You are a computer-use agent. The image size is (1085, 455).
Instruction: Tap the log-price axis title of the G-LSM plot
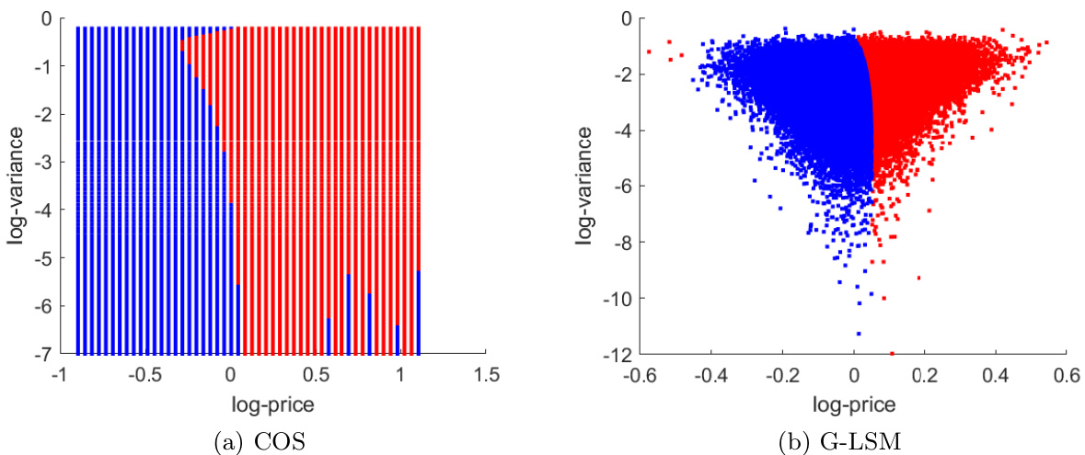coord(852,403)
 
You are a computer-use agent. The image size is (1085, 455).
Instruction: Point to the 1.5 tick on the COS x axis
coord(487,375)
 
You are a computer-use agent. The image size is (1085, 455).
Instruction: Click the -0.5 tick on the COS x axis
coord(146,375)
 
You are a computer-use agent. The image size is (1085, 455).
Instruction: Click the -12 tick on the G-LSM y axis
coord(618,354)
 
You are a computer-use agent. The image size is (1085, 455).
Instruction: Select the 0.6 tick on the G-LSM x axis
coord(1066,375)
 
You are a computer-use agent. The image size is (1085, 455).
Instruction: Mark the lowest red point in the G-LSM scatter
coord(892,353)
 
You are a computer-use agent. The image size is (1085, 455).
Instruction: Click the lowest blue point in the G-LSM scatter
coord(859,334)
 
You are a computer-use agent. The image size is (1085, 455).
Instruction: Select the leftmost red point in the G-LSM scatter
coord(649,51)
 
